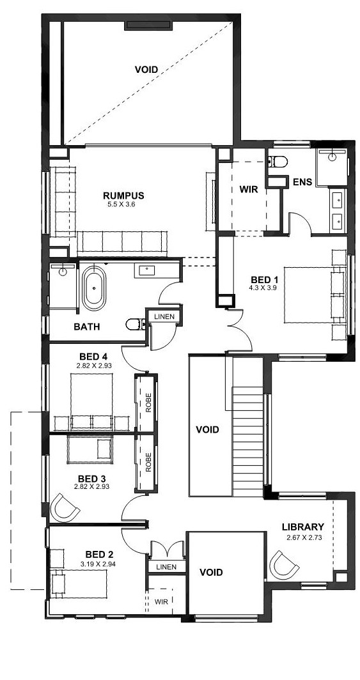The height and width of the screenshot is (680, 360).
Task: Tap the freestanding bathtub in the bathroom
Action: click(x=94, y=288)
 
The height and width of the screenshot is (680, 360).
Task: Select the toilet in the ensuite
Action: click(x=278, y=162)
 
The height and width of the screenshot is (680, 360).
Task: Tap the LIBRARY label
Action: click(x=302, y=527)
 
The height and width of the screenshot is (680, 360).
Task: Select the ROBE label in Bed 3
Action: click(x=148, y=462)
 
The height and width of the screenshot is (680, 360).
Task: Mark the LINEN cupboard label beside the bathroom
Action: click(x=164, y=316)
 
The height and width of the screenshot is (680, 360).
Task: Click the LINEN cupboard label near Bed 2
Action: click(x=166, y=567)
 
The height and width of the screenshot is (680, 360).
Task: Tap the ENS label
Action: click(x=302, y=182)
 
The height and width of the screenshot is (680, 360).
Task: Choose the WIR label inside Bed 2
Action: click(x=160, y=601)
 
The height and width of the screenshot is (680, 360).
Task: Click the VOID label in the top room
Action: click(x=146, y=70)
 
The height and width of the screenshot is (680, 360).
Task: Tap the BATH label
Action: click(x=87, y=327)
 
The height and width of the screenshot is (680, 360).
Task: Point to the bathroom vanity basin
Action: click(x=148, y=270)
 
